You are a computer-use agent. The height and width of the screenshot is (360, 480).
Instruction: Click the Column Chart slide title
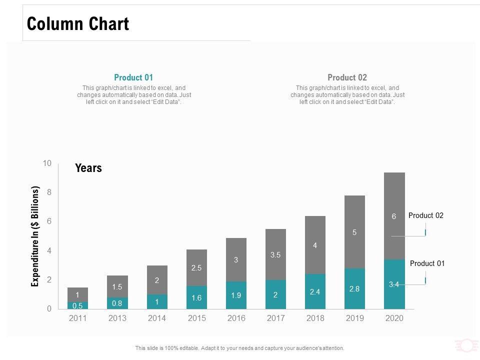point(78,24)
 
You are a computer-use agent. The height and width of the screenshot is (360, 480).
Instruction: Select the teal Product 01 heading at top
point(133,77)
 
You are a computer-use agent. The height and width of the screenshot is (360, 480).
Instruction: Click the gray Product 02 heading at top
point(347,77)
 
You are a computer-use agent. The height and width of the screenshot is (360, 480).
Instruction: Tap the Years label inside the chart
point(88,168)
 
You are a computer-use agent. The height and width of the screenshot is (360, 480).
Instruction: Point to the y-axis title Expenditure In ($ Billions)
point(35,236)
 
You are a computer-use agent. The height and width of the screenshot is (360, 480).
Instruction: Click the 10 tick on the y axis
point(47,163)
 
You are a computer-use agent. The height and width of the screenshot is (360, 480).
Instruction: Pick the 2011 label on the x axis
point(78,318)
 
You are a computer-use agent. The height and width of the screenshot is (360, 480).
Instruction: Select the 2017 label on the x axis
point(275,318)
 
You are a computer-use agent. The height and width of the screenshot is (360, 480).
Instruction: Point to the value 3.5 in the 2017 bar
point(275,254)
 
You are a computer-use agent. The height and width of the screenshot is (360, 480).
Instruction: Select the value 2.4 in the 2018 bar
point(315,292)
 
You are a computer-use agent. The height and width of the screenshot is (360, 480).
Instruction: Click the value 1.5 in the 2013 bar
point(117,286)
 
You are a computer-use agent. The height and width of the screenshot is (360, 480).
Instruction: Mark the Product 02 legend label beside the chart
point(426,215)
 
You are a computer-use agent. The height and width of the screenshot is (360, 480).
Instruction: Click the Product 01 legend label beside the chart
point(427,263)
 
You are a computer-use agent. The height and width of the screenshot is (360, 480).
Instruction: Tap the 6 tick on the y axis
point(49,221)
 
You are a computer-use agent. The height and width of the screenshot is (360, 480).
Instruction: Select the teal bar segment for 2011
point(78,305)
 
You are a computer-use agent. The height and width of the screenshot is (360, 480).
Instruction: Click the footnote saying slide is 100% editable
point(239,348)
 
